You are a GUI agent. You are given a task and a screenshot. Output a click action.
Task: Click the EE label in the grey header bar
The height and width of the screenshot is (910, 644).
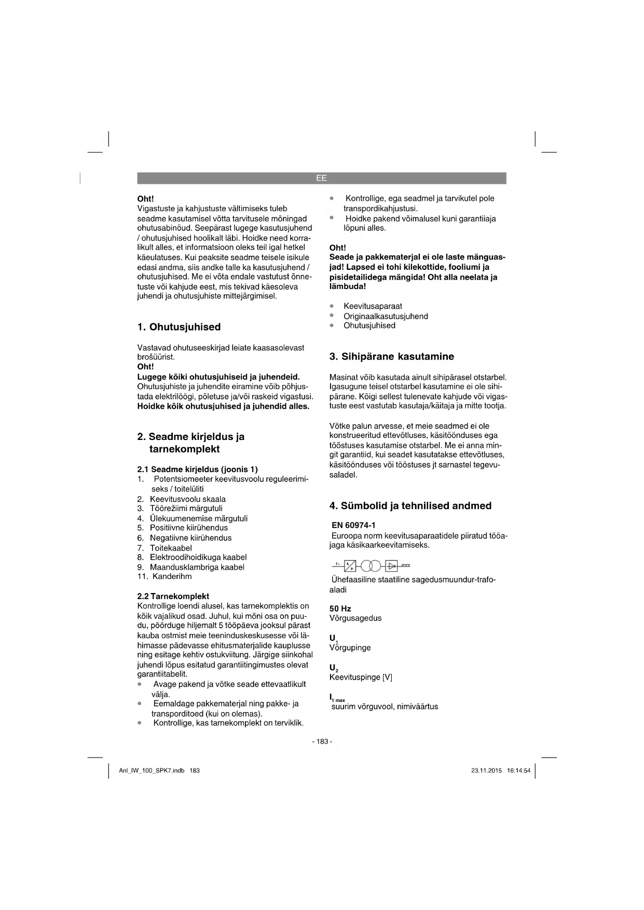(321, 178)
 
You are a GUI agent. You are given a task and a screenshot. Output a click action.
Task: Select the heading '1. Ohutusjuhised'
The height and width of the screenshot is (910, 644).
(179, 327)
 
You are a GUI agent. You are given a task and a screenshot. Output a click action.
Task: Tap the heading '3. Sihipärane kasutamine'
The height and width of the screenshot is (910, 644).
(392, 356)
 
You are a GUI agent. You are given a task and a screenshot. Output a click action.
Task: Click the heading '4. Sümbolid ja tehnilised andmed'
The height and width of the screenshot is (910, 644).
(410, 506)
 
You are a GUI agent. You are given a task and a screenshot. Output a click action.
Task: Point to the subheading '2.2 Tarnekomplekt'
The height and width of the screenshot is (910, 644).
(173, 596)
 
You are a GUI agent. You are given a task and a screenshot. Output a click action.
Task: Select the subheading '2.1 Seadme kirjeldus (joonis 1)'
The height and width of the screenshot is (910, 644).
(198, 470)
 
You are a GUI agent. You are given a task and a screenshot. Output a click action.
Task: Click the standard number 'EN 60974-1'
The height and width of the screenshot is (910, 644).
(353, 526)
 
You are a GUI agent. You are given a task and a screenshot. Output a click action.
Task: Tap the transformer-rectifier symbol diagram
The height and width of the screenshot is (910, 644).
(371, 565)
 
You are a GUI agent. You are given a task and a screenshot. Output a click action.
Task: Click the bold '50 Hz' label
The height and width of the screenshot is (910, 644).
(340, 609)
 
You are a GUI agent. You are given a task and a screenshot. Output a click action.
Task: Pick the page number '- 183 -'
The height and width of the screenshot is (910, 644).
(322, 741)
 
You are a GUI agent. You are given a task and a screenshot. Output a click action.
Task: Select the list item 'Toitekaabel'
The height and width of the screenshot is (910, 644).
(171, 548)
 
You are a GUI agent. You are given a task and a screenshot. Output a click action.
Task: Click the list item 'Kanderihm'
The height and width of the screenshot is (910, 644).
(172, 576)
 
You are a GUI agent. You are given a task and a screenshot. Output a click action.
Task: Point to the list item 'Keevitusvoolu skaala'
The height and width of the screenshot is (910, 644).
(188, 499)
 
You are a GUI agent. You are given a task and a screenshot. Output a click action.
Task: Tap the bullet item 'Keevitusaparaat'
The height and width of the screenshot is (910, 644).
(373, 306)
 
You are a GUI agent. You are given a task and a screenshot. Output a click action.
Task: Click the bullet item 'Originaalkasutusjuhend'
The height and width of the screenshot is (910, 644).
(386, 316)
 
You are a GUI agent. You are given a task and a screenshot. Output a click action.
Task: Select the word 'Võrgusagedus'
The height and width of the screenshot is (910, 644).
(355, 618)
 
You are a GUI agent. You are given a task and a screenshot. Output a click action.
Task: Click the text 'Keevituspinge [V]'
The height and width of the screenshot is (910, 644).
(361, 677)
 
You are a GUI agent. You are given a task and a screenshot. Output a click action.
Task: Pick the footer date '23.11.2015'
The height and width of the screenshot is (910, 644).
(487, 770)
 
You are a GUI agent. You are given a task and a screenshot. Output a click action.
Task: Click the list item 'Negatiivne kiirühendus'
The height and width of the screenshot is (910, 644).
(190, 538)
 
